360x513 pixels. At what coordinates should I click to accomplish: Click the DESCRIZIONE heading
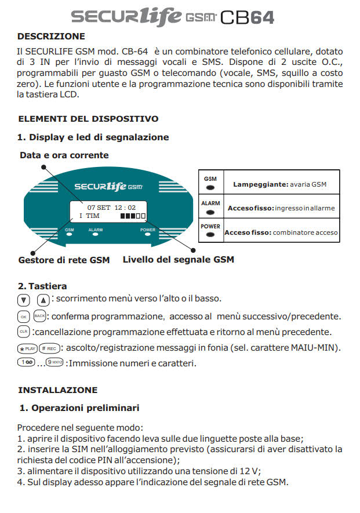51,37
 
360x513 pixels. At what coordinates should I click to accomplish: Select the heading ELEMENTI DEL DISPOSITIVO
88,119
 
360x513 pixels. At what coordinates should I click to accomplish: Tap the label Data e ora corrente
64,155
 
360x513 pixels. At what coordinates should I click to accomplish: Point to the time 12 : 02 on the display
124,208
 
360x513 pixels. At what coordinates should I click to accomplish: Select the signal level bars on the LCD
133,216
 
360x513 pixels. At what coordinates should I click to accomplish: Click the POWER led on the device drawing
148,235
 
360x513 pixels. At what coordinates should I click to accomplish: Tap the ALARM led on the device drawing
96,235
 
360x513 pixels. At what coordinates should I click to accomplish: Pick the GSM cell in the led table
210,183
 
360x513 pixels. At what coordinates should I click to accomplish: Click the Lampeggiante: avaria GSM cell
280,184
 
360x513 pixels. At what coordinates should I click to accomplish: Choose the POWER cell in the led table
210,230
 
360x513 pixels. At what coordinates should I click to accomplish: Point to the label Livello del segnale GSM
178,260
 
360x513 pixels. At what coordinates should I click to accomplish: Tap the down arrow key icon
23,300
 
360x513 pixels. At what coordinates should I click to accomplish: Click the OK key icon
23,316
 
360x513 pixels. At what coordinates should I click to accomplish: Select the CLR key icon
23,332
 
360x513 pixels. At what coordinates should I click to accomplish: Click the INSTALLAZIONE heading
57,390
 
